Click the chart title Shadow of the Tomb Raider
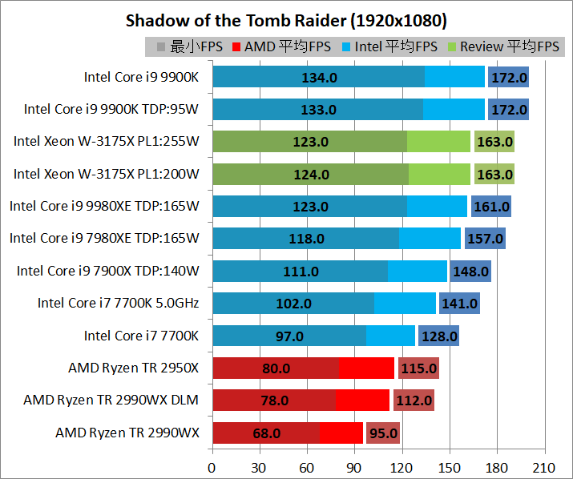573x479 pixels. pos(286,20)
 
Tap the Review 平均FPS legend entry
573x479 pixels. pos(509,46)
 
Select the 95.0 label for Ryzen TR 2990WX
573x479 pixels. pos(383,433)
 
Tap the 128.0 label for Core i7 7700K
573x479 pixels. pos(437,336)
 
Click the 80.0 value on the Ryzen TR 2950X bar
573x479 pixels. pos(275,368)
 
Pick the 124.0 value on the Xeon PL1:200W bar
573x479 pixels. pos(311,175)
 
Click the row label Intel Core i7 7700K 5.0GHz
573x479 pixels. pos(118,303)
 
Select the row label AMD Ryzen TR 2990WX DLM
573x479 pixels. pos(111,400)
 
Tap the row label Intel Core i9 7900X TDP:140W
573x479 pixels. pos(107,271)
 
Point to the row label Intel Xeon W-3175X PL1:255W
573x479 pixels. pos(106,142)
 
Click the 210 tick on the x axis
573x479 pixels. pos(544,467)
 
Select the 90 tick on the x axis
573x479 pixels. pos(354,467)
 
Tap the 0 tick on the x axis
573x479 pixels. pos(212,467)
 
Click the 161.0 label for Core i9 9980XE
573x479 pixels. pos(491,207)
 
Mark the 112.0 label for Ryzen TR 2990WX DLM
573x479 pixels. pos(414,401)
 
